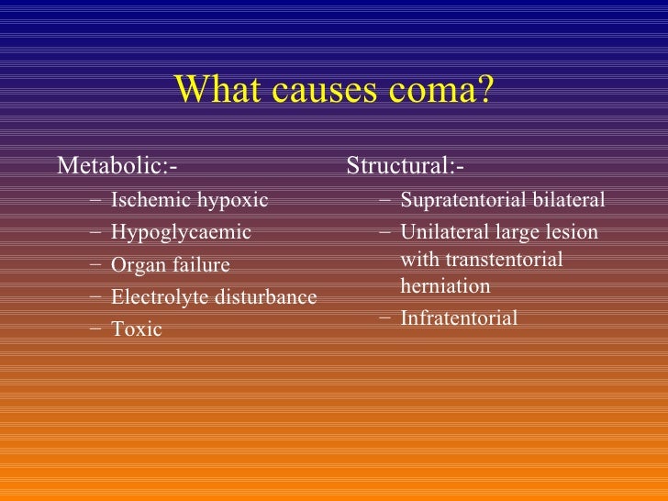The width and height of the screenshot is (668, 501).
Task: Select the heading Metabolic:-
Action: point(117,167)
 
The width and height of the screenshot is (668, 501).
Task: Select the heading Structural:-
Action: point(405,167)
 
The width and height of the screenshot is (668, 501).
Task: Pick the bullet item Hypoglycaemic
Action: point(181,232)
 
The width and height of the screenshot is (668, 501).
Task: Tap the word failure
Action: point(198,265)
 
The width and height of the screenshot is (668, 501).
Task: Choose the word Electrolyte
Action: point(155,297)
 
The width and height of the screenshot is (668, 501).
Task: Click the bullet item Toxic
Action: point(136,329)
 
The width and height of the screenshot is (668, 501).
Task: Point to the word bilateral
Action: point(569,200)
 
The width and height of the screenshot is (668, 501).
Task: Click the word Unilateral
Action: point(443,232)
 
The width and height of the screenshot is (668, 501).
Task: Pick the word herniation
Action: point(445,286)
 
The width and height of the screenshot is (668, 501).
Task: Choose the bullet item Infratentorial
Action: point(459,318)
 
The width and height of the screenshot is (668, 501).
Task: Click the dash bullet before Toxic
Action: point(97,328)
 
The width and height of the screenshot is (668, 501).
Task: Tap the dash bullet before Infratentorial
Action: point(386,318)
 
